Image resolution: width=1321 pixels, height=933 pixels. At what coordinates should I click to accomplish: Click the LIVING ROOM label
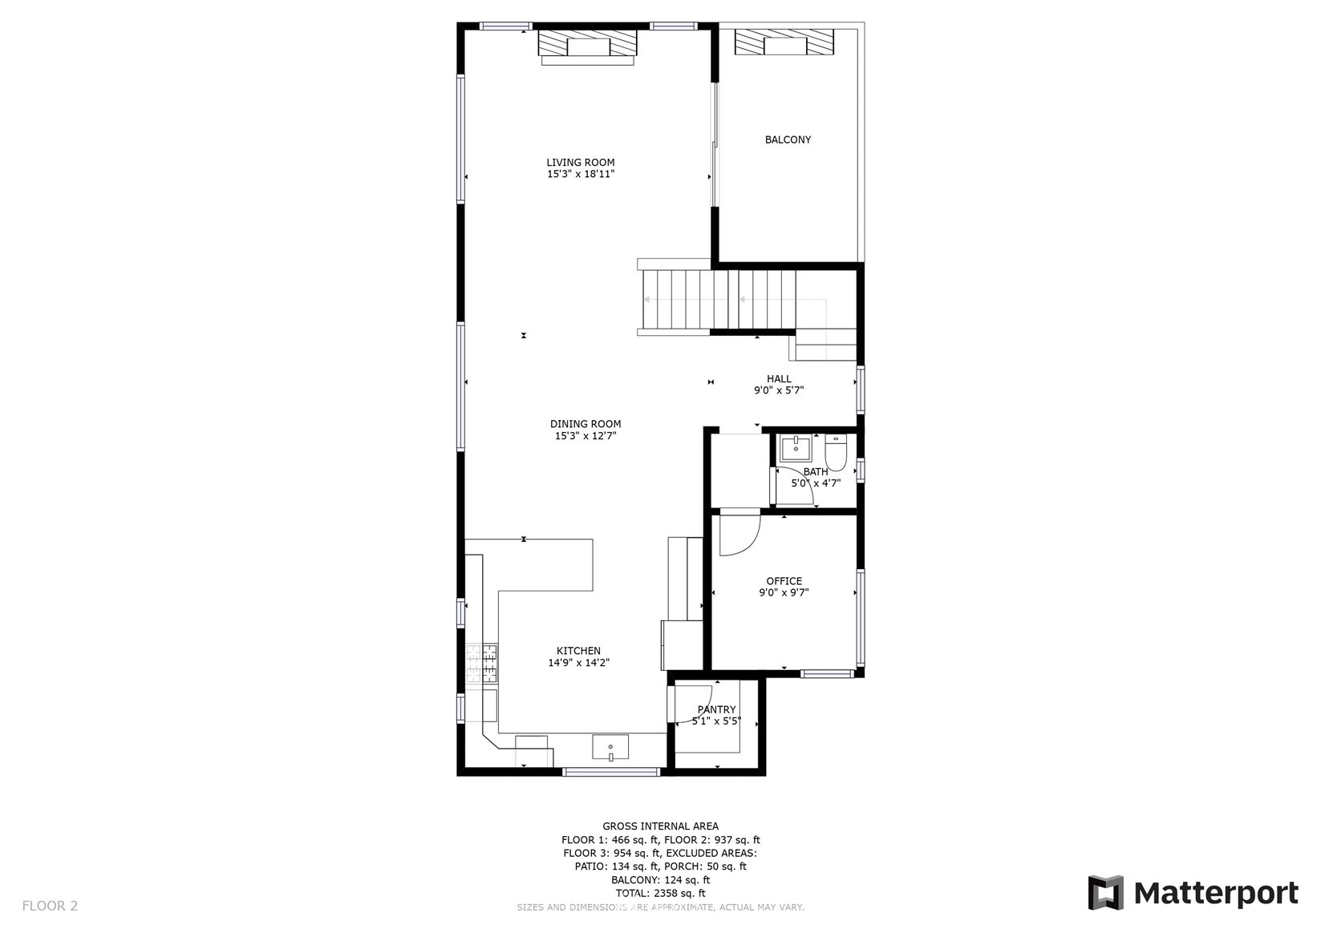click(581, 162)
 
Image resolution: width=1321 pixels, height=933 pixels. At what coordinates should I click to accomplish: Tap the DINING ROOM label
click(585, 424)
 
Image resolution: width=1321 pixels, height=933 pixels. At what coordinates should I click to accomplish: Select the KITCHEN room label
click(578, 651)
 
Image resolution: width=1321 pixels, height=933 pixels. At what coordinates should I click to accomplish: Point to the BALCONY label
click(788, 139)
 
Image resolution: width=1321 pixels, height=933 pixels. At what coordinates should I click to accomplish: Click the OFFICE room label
click(784, 581)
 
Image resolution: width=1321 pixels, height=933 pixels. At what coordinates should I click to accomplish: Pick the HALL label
click(779, 379)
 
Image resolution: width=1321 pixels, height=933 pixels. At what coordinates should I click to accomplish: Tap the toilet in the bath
click(835, 451)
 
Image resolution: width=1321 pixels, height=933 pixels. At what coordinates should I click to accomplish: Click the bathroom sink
click(796, 449)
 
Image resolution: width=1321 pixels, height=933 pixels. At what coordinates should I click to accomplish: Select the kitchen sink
click(610, 747)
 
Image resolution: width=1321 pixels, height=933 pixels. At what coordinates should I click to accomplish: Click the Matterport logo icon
click(1106, 892)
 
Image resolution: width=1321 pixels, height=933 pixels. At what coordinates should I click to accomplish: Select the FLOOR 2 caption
click(50, 906)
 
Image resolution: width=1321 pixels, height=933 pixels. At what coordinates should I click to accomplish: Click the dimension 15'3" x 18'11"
click(581, 174)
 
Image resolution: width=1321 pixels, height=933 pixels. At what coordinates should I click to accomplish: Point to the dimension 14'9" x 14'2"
click(578, 662)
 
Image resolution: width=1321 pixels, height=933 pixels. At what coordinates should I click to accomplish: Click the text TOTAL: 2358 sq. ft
click(661, 893)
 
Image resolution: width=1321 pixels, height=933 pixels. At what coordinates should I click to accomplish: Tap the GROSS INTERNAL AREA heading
click(661, 826)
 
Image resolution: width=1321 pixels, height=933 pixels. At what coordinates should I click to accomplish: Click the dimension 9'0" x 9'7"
click(784, 592)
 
